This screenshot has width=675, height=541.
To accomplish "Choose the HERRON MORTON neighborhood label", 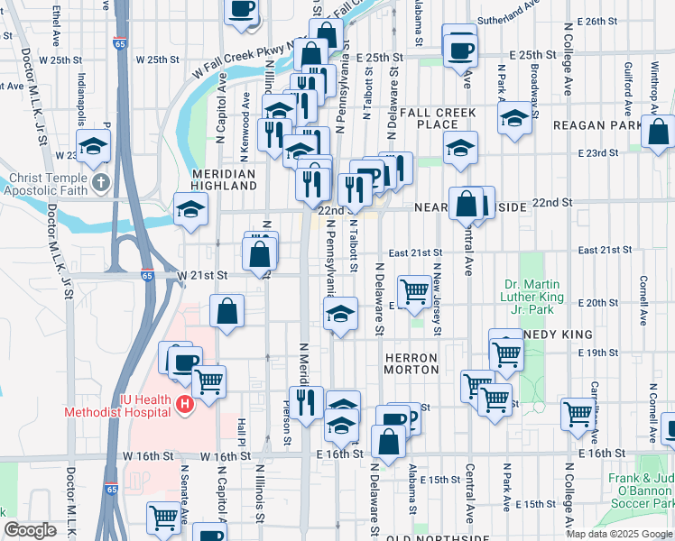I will point(411,364).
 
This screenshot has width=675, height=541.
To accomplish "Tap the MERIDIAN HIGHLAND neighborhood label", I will point(224,179).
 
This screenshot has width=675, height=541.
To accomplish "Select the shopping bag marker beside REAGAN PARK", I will point(658,132).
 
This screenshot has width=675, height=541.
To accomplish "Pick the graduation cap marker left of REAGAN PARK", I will point(514,119).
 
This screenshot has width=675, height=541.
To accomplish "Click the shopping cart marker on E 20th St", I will point(414,291).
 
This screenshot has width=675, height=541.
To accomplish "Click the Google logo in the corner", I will point(30,530).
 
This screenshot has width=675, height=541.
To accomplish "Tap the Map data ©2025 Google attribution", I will point(618,534).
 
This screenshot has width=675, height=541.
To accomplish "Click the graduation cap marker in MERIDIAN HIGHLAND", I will point(190,210).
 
